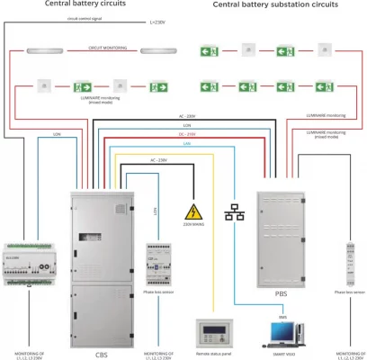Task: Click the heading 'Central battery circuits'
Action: [86, 5]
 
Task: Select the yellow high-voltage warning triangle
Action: [192, 212]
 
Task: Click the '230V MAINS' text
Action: [192, 228]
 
